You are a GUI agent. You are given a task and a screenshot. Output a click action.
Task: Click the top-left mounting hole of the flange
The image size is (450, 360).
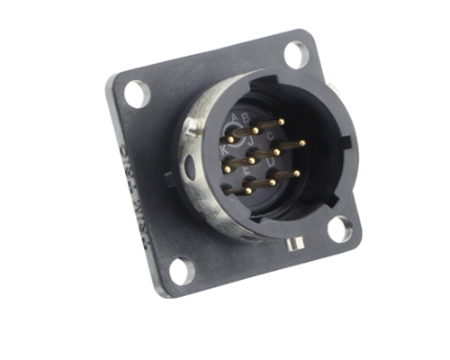point(137,92)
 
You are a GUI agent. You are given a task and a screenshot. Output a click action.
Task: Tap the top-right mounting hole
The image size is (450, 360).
point(296,54)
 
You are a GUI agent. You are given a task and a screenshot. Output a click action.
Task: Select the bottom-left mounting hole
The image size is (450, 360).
point(180,269)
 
